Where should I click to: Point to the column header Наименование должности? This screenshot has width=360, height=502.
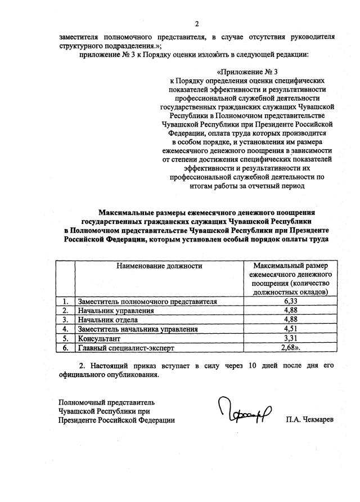click(159, 265)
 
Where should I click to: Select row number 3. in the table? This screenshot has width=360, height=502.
click(66, 320)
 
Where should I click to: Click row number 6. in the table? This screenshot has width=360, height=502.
click(66, 348)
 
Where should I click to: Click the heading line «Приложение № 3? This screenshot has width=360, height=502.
click(247, 72)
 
